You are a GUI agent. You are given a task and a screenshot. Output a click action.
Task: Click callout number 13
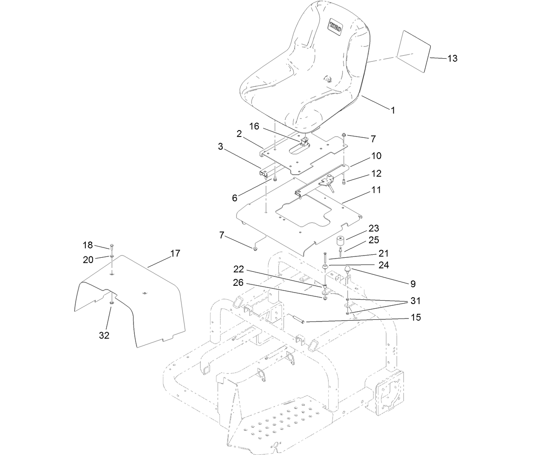click(x=452, y=59)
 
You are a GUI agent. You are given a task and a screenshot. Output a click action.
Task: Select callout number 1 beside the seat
click(x=393, y=110)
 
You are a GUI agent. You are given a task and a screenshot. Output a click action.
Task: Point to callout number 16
click(x=254, y=126)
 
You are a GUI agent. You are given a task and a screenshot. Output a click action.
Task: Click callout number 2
click(x=239, y=134)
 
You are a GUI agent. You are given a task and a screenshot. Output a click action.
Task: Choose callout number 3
click(x=220, y=147)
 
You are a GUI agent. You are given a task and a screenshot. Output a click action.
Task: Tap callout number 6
click(x=234, y=198)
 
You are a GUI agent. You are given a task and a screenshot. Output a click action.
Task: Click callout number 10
click(x=376, y=156)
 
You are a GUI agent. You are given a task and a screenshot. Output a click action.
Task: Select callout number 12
click(x=376, y=173)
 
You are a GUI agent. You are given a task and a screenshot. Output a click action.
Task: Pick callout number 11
click(x=376, y=190)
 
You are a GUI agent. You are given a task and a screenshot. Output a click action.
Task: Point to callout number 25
click(x=374, y=240)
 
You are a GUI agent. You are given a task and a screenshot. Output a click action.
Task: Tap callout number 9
click(x=413, y=284)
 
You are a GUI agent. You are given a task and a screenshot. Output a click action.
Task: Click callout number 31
click(x=415, y=301)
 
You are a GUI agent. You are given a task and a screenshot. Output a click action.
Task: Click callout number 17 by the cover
click(x=175, y=253)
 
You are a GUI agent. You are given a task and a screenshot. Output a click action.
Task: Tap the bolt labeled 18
click(x=111, y=247)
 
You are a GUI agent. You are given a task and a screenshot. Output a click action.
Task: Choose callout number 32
click(x=104, y=335)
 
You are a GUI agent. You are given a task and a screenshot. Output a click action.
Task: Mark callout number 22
click(x=239, y=269)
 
